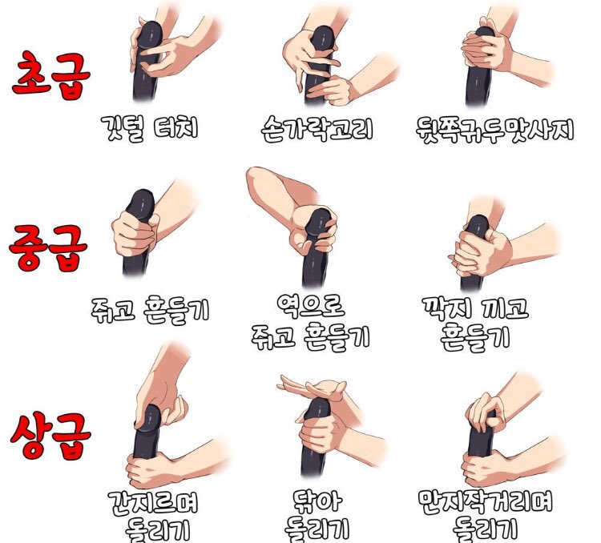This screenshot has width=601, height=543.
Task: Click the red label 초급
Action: click(51, 75)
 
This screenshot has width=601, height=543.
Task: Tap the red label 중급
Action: click(48, 247)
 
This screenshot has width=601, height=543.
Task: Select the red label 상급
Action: click(50, 436)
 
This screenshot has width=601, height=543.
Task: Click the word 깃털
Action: click(123, 128)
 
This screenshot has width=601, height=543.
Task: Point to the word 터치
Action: click(175, 127)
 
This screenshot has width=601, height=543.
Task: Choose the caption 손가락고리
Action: click(317, 129)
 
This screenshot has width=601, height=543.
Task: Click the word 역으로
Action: click(310, 306)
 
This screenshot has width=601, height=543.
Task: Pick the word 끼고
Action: click(505, 308)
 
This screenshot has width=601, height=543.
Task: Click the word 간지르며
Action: click(153, 503)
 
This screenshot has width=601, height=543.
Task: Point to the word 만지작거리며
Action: click(486, 501)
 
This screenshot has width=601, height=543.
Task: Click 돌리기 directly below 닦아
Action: click(317, 529)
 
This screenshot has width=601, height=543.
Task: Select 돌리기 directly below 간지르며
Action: click(158, 530)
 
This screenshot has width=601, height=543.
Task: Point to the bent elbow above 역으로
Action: click(257, 177)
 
